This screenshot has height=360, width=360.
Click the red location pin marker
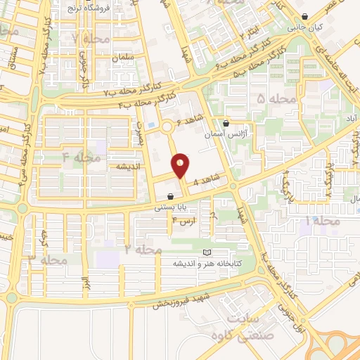pos(181,166)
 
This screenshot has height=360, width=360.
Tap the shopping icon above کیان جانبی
pos(304,18)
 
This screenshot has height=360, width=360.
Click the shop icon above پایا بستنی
pos(171,196)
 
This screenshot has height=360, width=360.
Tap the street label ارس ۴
pos(184,221)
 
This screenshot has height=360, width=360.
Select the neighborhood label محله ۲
pos(143,250)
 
